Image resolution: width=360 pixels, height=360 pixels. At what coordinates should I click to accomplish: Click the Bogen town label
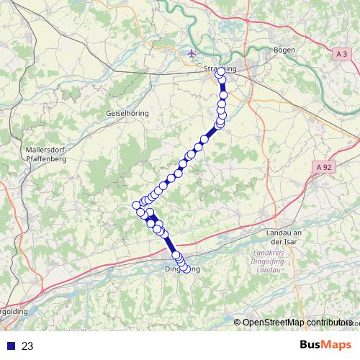(285, 50)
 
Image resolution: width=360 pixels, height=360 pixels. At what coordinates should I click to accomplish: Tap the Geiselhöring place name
(127, 114)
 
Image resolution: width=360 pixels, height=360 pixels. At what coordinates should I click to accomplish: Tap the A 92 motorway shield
(325, 166)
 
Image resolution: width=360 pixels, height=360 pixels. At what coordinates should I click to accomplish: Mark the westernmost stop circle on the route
(136, 206)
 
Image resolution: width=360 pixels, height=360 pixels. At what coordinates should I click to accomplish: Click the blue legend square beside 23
(11, 346)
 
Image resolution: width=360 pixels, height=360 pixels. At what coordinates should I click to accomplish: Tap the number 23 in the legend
(27, 346)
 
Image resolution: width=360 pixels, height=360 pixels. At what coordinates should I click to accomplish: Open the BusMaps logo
(325, 345)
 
